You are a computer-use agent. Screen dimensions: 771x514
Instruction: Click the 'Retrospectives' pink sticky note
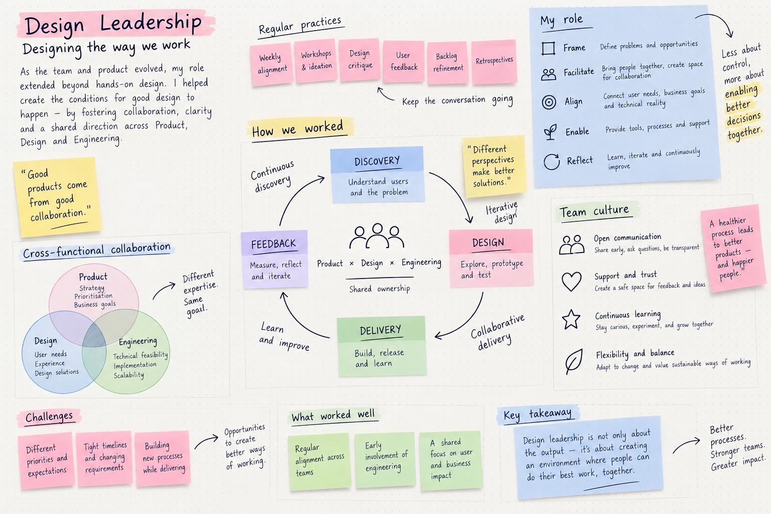click(494, 62)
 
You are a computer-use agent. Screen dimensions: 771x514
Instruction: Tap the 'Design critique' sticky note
click(360, 60)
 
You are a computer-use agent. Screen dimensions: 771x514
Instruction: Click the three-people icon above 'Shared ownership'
click(377, 236)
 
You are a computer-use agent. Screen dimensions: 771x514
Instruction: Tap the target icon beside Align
click(549, 102)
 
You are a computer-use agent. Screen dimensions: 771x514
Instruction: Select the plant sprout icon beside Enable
click(550, 132)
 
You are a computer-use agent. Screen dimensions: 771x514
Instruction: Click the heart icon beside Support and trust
click(571, 281)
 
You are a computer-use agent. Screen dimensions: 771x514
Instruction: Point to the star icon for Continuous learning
click(571, 319)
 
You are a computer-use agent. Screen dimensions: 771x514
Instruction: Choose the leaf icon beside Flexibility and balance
click(574, 361)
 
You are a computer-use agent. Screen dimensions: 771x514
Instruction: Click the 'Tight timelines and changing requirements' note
click(104, 458)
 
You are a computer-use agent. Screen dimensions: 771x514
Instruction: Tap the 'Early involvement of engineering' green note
click(385, 460)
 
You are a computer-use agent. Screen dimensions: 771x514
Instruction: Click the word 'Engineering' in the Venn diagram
click(138, 341)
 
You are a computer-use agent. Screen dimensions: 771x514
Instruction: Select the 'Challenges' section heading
click(49, 417)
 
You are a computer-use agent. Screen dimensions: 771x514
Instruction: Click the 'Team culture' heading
click(594, 211)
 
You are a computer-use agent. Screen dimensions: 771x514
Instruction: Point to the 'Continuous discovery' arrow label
click(273, 176)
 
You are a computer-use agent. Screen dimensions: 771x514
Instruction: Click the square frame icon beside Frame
click(548, 48)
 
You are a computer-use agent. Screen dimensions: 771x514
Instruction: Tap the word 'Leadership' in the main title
click(151, 23)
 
